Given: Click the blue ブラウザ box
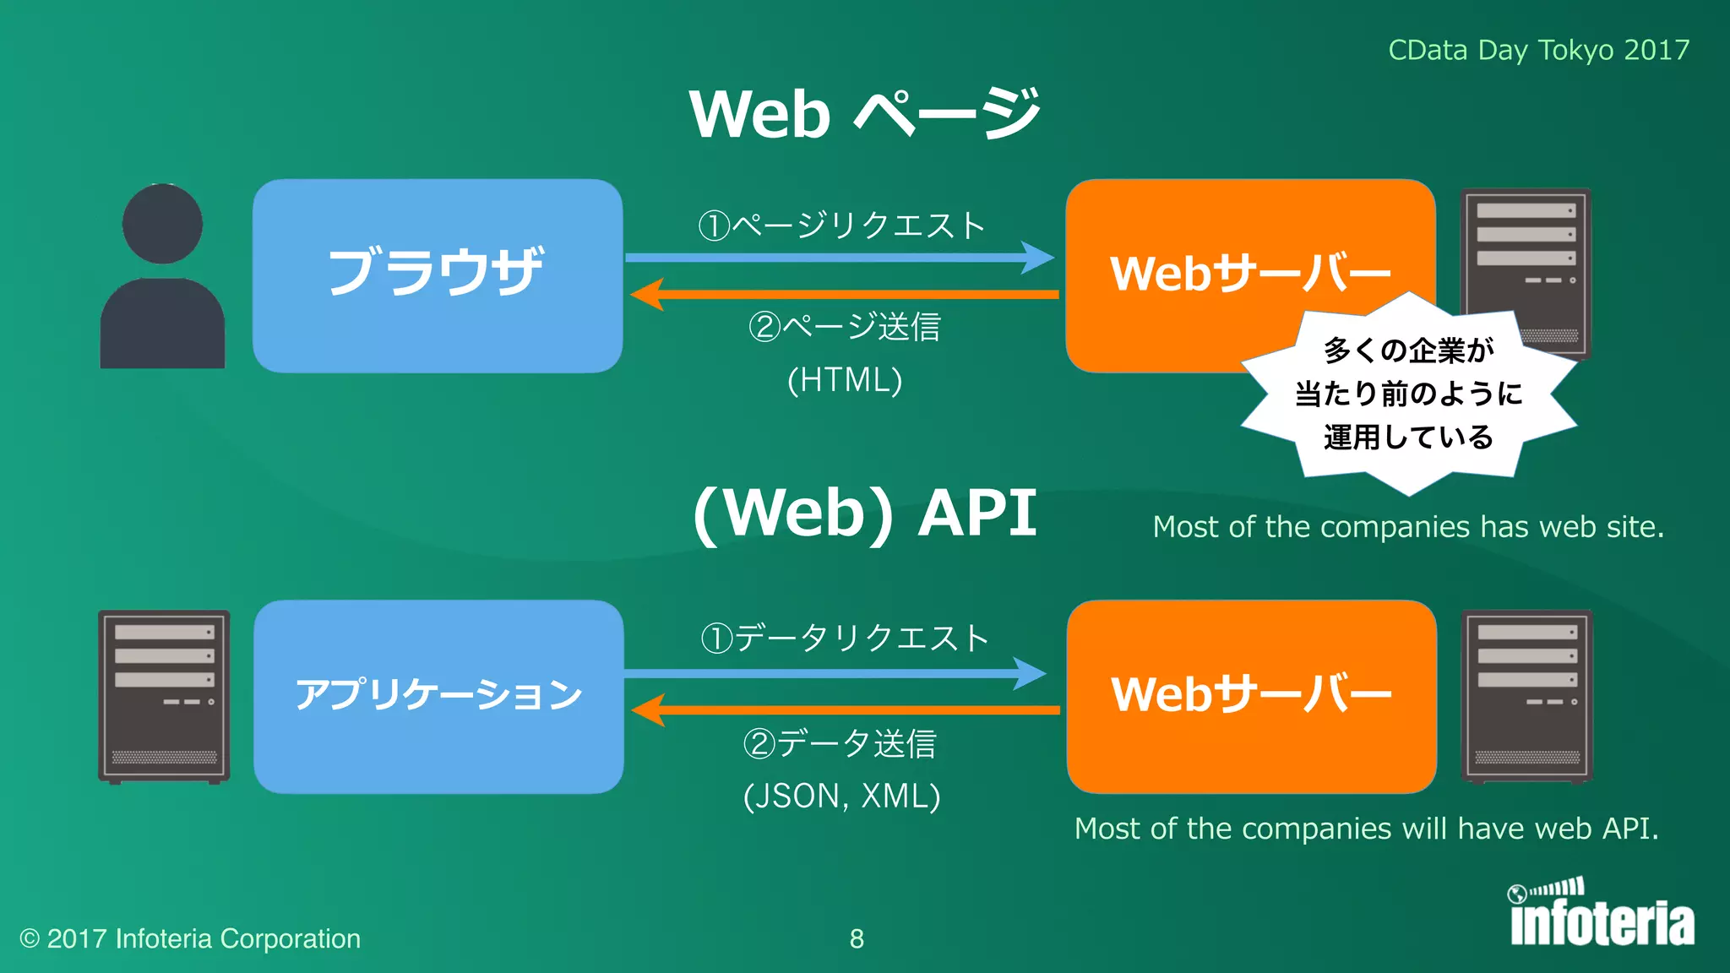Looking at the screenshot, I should (438, 275).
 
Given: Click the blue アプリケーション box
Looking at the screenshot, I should (438, 696).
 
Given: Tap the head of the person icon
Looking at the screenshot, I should (162, 223).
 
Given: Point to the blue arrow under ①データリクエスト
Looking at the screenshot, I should (836, 673).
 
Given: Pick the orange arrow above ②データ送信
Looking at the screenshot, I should (845, 709).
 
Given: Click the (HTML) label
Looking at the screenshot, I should (845, 380).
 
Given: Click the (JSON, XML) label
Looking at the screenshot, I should (841, 796).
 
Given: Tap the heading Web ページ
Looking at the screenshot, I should (863, 114).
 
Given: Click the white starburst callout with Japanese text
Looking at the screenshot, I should (1408, 394).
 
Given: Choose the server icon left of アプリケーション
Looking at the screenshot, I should (164, 696).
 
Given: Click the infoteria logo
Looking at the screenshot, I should (1602, 916).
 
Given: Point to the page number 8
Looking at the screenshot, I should (857, 939).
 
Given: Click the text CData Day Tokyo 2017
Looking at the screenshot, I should (1538, 50).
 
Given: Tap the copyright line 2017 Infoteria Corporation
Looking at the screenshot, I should (191, 939).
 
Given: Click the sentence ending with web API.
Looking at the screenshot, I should (1366, 829).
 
